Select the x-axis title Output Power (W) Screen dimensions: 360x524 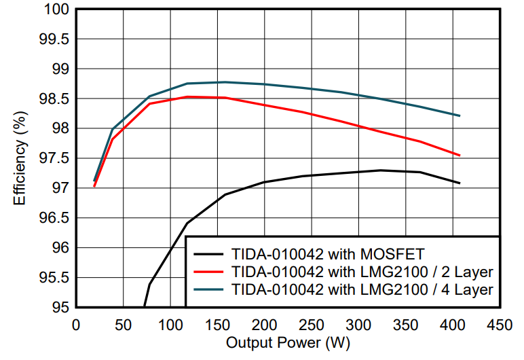pyautogui.click(x=288, y=343)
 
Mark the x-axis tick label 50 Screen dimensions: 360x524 pyautogui.click(x=123, y=325)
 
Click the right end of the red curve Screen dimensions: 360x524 pyautogui.click(x=460, y=156)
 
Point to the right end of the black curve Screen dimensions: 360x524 pyautogui.click(x=460, y=183)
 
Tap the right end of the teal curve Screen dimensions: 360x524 pyautogui.click(x=460, y=116)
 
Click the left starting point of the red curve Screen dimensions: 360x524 pyautogui.click(x=94, y=185)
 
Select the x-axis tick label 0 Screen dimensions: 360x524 pyautogui.click(x=76, y=325)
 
